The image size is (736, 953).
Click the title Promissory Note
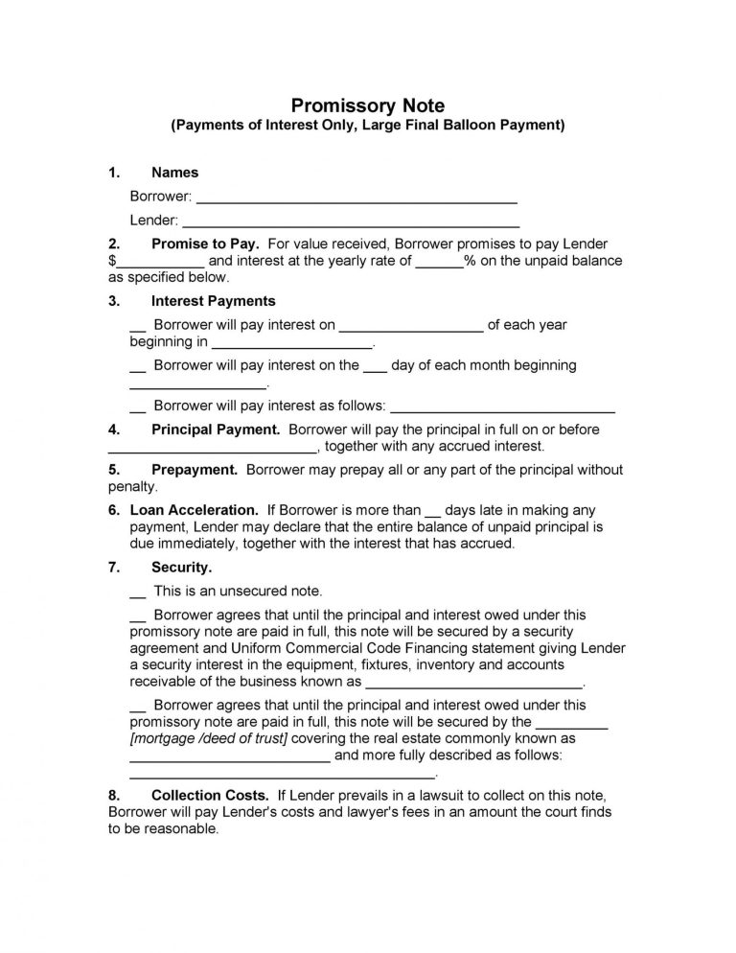coord(368,105)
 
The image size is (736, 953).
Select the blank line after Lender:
coord(351,221)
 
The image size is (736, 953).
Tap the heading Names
coord(175,173)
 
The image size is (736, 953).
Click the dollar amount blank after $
coord(160,262)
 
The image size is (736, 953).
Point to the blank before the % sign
coord(440,262)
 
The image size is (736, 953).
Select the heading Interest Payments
coord(214,301)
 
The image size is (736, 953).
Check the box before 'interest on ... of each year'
coord(137,326)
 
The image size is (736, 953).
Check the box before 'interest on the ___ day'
coord(137,366)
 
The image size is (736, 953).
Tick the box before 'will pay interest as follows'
coord(137,407)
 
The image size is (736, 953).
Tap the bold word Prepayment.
coord(195,470)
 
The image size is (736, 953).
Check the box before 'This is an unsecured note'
coord(137,592)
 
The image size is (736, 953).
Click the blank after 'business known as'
coord(474,685)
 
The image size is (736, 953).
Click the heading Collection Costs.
coord(209,796)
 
